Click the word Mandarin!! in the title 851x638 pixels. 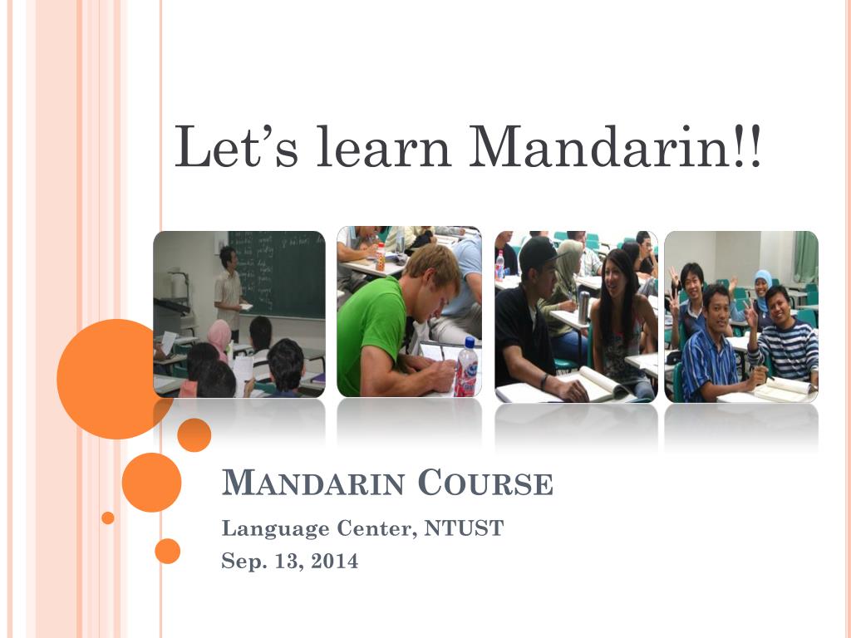tap(614, 148)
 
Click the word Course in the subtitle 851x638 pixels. tap(485, 483)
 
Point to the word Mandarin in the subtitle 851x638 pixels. tap(314, 483)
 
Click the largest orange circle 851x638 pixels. tap(115, 379)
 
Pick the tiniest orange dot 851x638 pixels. tap(108, 518)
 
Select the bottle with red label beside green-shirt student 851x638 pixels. tap(467, 368)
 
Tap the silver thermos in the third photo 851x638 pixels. tap(583, 307)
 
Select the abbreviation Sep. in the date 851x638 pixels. tap(242, 562)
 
